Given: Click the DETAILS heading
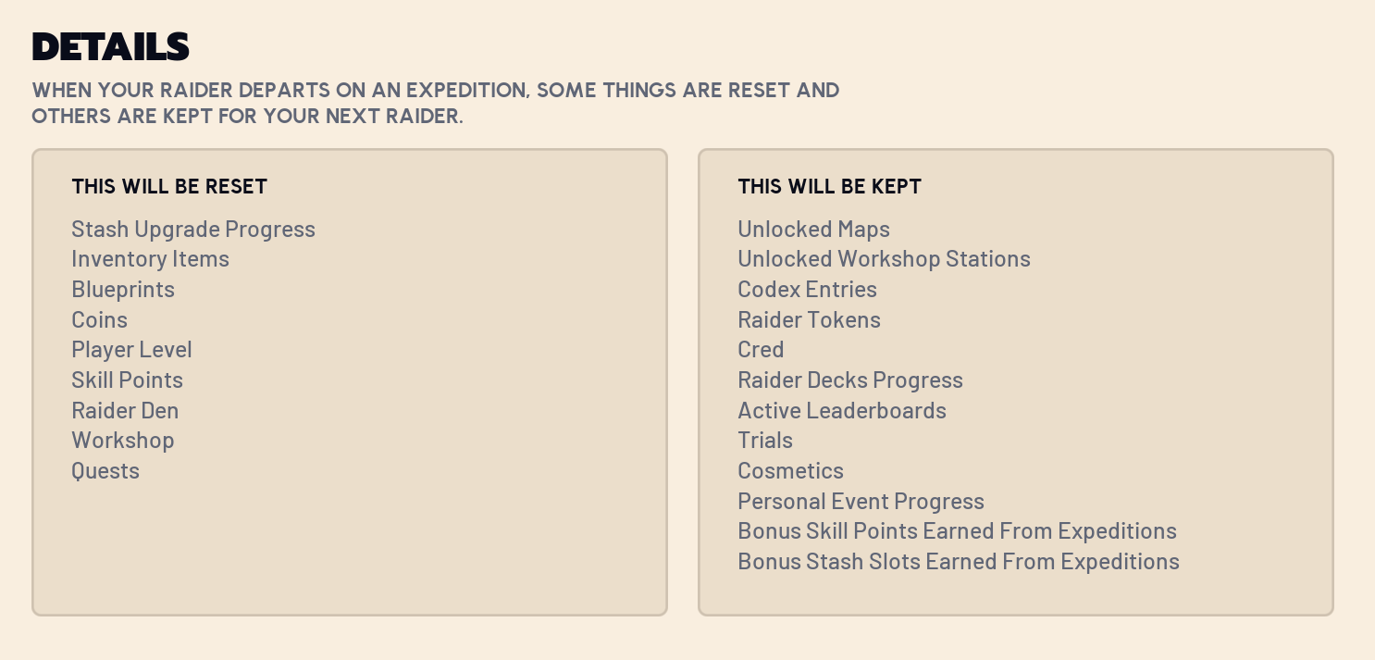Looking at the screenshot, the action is (x=110, y=46).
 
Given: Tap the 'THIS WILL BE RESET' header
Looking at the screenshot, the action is (x=169, y=187).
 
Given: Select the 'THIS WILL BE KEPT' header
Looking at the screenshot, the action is (x=829, y=187).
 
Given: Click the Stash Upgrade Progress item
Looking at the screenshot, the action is (x=193, y=230).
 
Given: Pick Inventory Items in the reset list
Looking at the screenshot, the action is (x=151, y=259).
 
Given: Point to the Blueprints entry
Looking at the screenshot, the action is (x=123, y=289).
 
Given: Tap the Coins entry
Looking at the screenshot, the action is (x=99, y=320).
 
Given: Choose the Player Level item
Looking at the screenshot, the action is (x=132, y=350).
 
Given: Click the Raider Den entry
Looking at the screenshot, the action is (x=125, y=411).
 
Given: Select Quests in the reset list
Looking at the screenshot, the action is (x=105, y=471).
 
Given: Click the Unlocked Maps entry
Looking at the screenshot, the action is (x=814, y=230).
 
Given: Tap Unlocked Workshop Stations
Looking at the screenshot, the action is (x=884, y=259).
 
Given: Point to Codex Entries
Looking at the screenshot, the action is (x=807, y=289).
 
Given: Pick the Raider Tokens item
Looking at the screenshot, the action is (x=809, y=320).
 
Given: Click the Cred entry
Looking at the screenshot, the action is (x=761, y=350).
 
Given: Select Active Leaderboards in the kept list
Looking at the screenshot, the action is (x=842, y=411).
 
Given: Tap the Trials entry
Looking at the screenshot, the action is (x=765, y=441).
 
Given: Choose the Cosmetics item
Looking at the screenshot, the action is (x=790, y=471).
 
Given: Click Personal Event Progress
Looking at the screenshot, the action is (x=861, y=502).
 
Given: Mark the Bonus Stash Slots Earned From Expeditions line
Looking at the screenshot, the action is (x=959, y=562).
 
